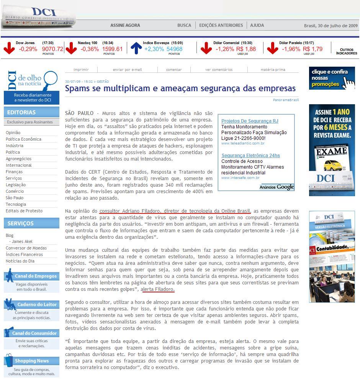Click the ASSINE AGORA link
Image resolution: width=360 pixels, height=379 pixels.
[x=125, y=25]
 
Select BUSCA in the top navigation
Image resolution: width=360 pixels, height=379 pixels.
[x=184, y=25]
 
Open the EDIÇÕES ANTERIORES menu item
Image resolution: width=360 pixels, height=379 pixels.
[x=221, y=25]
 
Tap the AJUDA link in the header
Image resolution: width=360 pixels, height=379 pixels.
[x=257, y=25]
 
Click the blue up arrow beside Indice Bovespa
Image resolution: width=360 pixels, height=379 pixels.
[x=136, y=48]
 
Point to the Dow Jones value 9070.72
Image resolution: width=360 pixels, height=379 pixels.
[x=52, y=49]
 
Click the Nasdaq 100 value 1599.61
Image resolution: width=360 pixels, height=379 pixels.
[x=112, y=49]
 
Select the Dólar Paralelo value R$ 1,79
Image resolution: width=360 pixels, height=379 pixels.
[x=313, y=49]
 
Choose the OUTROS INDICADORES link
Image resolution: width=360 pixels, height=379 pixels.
[x=346, y=51]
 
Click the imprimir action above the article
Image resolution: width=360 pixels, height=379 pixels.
[x=81, y=70]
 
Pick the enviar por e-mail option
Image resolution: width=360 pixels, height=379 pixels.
[x=127, y=70]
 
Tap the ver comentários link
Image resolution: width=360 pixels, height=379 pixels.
[x=219, y=70]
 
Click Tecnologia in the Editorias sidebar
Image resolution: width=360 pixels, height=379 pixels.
[x=16, y=204]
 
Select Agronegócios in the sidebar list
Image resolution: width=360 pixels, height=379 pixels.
[x=18, y=159]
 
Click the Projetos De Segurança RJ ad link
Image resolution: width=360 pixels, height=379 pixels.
[x=250, y=121]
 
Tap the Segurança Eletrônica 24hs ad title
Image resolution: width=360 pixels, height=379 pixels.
[x=250, y=156]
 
